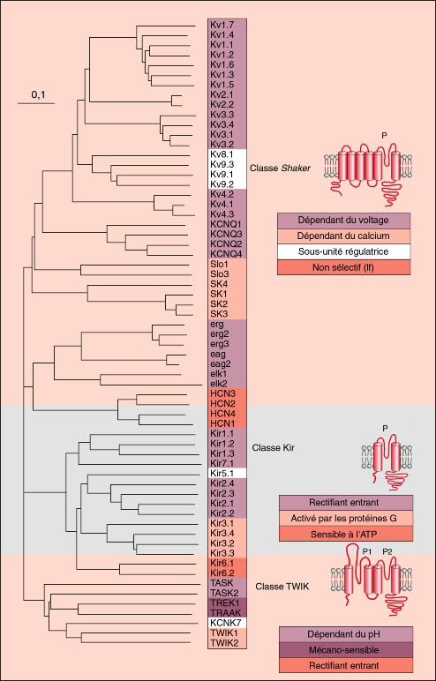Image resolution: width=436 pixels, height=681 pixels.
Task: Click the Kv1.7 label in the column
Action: point(222,25)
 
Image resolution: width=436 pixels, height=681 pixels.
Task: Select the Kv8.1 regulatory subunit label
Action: point(222,154)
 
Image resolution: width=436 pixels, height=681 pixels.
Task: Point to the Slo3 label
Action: point(220,274)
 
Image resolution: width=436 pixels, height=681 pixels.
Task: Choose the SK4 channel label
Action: point(219,284)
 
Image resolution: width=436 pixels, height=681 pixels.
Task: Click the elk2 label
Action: point(219,384)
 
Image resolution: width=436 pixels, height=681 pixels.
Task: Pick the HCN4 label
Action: point(222,414)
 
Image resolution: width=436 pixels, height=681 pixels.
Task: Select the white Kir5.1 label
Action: point(222,473)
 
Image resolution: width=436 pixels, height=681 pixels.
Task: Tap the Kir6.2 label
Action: point(222,572)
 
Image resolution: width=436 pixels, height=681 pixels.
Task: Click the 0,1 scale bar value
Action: point(38,96)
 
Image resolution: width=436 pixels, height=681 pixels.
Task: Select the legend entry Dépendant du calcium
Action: point(343,236)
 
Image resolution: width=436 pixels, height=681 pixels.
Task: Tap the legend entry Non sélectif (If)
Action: point(343,267)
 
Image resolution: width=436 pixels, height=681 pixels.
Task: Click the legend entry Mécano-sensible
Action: point(345,650)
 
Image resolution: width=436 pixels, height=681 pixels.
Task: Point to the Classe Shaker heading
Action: point(280,168)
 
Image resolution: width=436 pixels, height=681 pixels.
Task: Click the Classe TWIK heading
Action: point(282,587)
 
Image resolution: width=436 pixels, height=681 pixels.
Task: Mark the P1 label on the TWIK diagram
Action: point(367,551)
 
